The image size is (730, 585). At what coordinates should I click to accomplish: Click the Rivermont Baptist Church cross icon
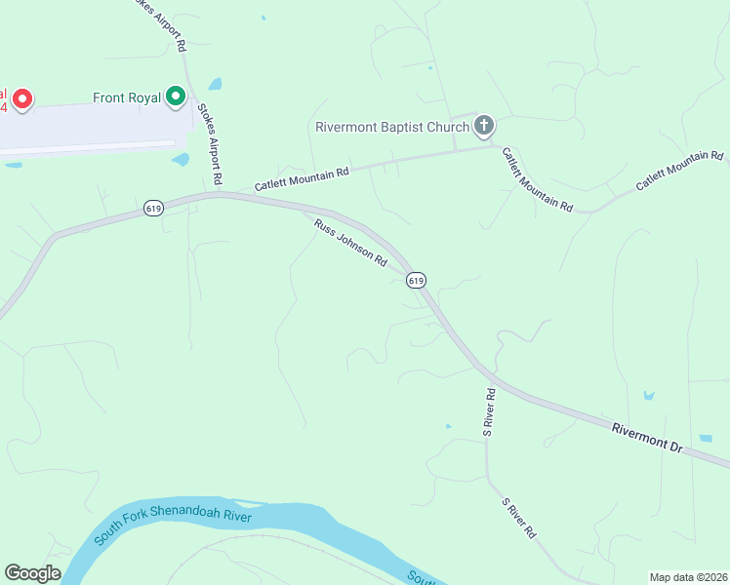[483, 126]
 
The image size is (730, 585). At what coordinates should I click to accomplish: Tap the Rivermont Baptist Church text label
[392, 127]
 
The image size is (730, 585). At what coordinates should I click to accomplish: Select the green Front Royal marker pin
[176, 97]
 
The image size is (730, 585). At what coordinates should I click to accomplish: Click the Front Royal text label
[127, 97]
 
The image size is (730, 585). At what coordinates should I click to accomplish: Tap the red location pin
[21, 99]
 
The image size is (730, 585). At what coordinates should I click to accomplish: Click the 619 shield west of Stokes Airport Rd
[151, 209]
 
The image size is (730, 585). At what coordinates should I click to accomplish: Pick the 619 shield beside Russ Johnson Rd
[417, 281]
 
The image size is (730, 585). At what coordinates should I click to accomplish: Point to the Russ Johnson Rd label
[350, 244]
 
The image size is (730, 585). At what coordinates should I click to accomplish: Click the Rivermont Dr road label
[647, 436]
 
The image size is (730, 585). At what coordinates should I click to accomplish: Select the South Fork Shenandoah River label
[173, 523]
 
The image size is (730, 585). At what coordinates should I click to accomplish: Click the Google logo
[32, 573]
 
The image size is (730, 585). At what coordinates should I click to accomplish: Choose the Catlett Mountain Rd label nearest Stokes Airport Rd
[302, 178]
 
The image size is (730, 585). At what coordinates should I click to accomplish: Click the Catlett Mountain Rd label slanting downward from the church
[537, 178]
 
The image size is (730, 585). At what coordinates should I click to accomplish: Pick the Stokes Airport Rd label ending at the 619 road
[210, 145]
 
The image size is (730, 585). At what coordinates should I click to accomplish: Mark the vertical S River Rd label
[491, 411]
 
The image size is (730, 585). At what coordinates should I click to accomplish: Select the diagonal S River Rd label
[519, 519]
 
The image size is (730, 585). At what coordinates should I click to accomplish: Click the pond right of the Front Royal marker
[214, 84]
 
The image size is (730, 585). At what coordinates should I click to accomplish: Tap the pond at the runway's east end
[181, 159]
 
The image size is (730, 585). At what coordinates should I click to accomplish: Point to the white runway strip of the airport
[88, 146]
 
